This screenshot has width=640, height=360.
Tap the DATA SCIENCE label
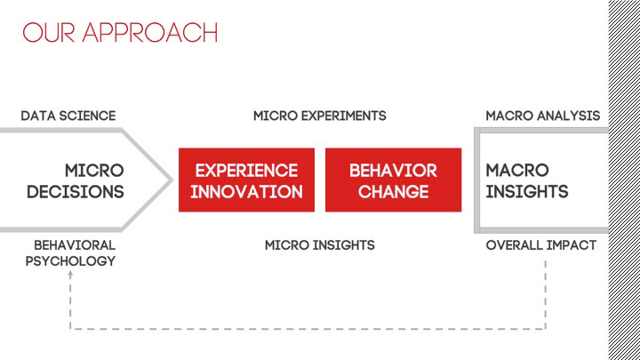coord(68,116)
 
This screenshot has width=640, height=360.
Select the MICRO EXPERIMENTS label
coord(320,116)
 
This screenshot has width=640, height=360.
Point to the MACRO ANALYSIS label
coord(542,116)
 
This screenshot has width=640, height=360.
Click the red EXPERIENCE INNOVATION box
coord(246,180)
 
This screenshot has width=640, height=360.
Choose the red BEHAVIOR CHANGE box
coord(393,180)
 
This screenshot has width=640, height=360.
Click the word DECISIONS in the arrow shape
coord(76,191)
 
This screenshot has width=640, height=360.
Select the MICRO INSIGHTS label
coord(320,244)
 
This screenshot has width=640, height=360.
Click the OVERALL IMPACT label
coord(541,244)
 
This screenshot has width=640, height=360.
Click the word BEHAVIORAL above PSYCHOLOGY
coord(75,244)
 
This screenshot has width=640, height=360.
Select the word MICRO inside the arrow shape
coord(94,170)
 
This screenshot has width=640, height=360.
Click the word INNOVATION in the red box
coord(246,191)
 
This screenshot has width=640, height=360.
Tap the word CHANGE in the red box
coord(393,191)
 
